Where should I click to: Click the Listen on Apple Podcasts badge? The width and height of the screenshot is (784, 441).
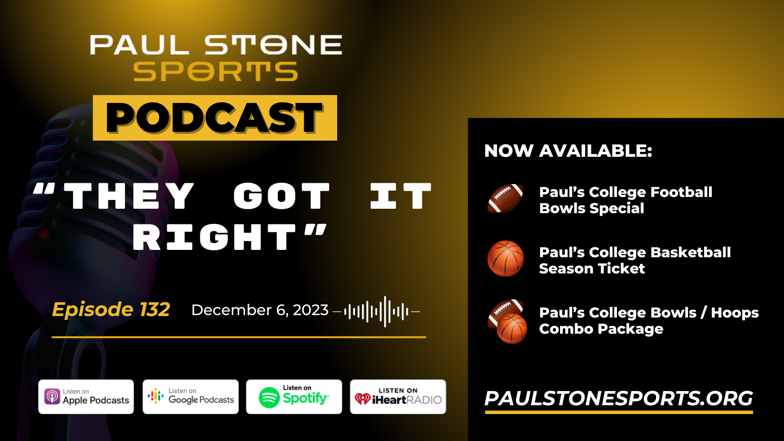pos(86,397)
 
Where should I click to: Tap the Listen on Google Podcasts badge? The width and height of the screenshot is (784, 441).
pos(191,397)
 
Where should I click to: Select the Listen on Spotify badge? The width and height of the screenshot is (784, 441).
pos(294,397)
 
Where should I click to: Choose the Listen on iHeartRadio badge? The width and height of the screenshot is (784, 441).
pos(398,397)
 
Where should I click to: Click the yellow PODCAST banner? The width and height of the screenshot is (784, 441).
pos(215,118)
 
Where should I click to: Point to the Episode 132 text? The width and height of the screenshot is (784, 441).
pos(111,310)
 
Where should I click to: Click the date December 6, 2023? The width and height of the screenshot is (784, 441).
pos(260,310)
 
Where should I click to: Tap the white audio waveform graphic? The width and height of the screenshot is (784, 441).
pos(376,311)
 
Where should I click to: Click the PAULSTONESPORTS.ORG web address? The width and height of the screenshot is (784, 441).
pos(618,398)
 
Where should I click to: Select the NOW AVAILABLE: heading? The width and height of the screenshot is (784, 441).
pos(568,151)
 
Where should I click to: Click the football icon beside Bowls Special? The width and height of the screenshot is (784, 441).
pos(505,198)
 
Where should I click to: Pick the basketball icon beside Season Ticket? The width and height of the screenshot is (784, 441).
pos(505,259)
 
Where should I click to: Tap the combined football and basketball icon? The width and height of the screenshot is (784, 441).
pos(507,321)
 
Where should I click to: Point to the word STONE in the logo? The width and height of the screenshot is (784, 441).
pos(273,45)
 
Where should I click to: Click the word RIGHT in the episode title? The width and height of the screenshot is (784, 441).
pos(215,237)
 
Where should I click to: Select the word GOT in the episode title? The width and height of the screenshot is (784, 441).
pos(281,196)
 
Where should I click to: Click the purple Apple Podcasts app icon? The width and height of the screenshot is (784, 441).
pos(52,397)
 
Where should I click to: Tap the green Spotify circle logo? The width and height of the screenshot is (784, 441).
pos(269,397)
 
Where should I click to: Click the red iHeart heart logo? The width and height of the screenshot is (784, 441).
pos(362,399)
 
